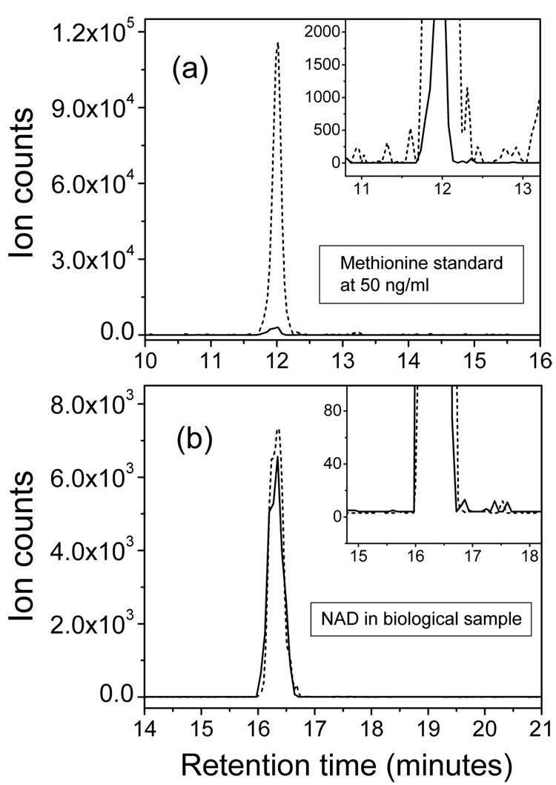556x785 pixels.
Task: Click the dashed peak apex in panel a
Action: (x=277, y=43)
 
